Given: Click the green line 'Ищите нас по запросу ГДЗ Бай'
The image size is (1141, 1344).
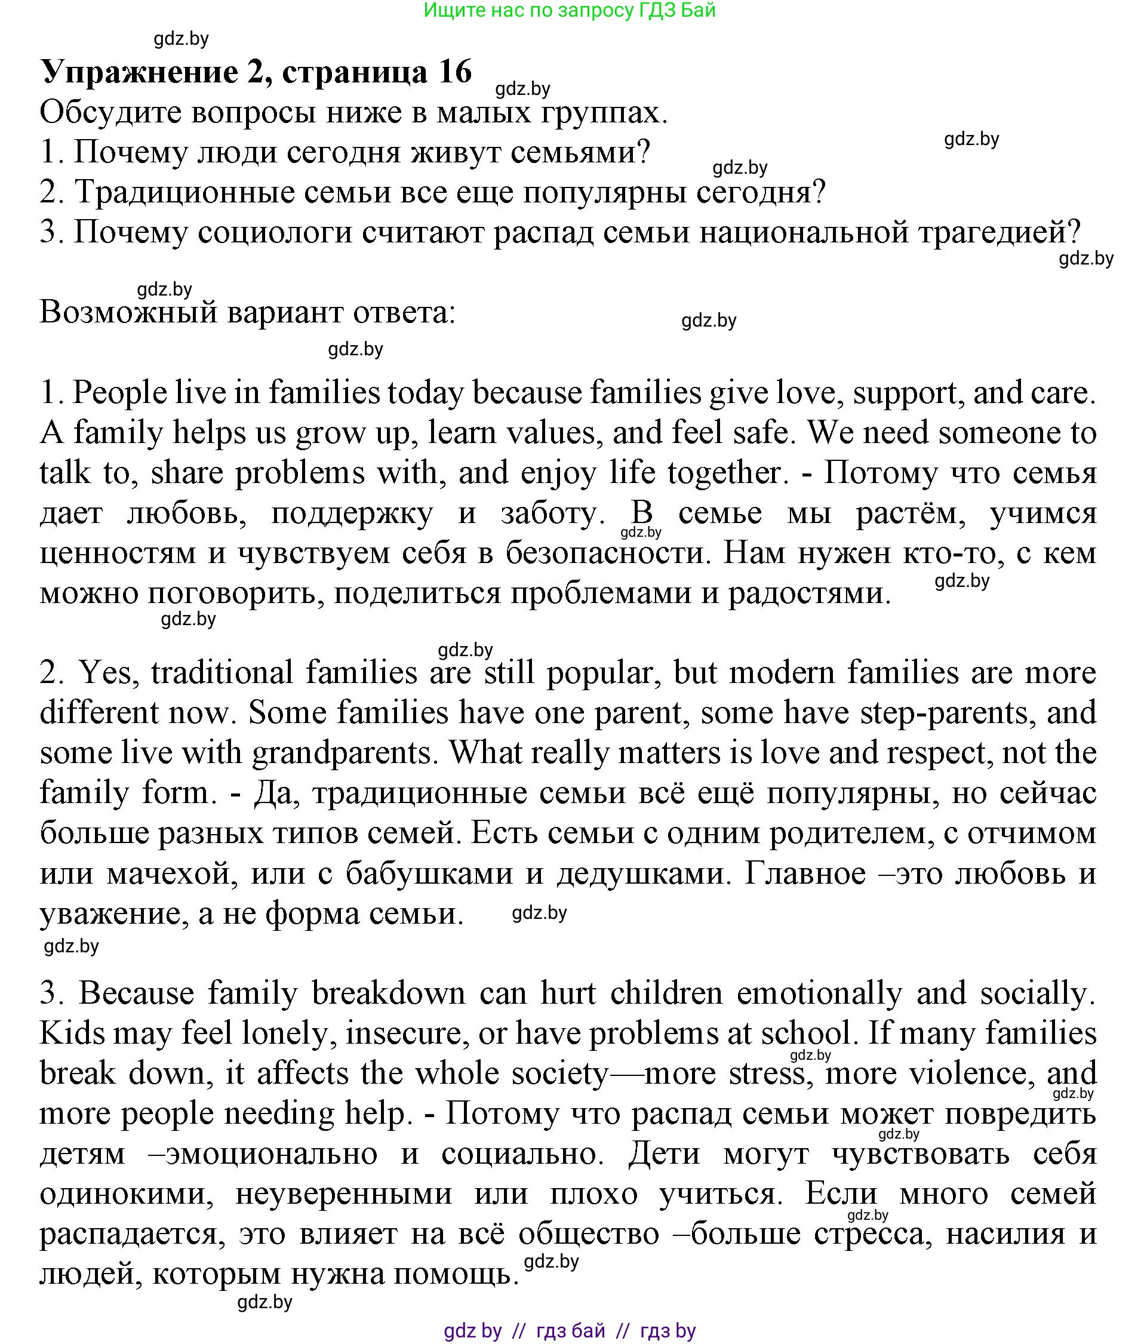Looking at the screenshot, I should (569, 10).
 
